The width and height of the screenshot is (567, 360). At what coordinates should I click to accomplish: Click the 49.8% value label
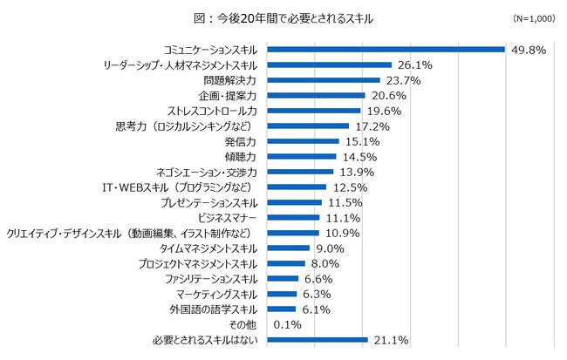pos(529,50)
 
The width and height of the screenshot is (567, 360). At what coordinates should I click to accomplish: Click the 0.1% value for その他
pos(287,324)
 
